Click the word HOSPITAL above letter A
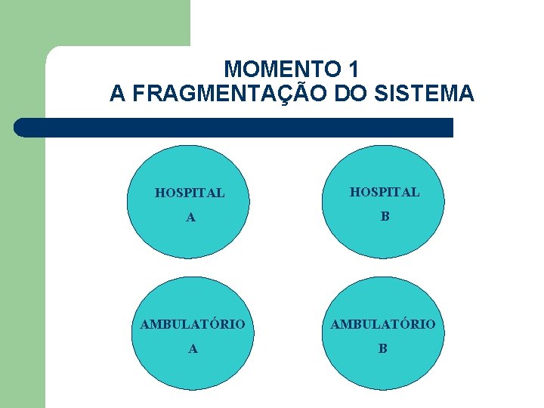point(190,193)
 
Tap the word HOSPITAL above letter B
point(384,192)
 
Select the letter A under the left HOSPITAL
point(191,218)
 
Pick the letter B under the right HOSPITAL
point(385,217)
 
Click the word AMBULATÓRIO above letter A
point(193,324)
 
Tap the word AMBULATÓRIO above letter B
point(382,324)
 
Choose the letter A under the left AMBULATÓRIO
point(193,348)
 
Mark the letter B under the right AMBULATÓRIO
point(382,348)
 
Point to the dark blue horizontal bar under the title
point(234,128)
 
